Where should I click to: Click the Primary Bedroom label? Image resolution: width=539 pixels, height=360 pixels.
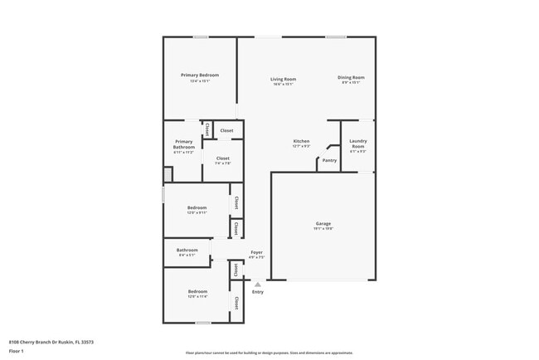199,75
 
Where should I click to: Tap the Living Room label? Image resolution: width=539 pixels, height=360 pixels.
283,80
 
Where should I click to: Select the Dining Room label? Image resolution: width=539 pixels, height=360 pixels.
350,78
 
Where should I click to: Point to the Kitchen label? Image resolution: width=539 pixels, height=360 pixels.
301,142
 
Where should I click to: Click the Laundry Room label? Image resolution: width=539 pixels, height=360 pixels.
357,144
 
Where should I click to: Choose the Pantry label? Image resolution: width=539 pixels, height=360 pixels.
329,161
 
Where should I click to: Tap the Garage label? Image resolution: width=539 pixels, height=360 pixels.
323,224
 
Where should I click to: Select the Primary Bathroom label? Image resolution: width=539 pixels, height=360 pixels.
183,144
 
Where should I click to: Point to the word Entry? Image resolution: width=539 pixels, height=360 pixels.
258,292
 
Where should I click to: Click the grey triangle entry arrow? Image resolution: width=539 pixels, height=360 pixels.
258,284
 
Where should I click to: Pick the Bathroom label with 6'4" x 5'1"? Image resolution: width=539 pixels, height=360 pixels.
187,250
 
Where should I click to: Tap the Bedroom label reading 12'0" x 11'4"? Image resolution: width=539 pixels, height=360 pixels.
197,291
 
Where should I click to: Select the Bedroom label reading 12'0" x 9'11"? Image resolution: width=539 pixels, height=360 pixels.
197,207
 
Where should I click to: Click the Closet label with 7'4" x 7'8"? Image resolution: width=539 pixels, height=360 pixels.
222,158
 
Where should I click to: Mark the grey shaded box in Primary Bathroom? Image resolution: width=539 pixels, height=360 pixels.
168,174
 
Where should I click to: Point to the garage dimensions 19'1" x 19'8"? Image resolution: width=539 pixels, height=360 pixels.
323,229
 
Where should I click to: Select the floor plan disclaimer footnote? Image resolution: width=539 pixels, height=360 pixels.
269,353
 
